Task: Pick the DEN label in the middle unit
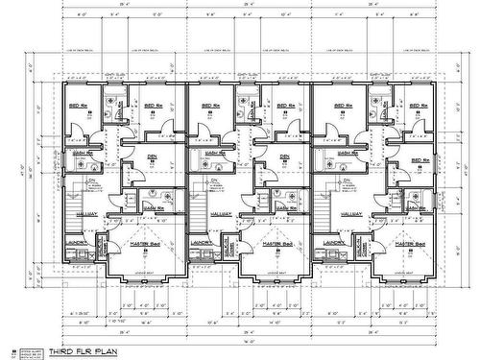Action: pos(284,156)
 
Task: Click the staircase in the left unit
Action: pos(73,201)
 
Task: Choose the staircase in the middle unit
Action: pos(199,201)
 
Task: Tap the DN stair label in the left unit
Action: pos(92,180)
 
